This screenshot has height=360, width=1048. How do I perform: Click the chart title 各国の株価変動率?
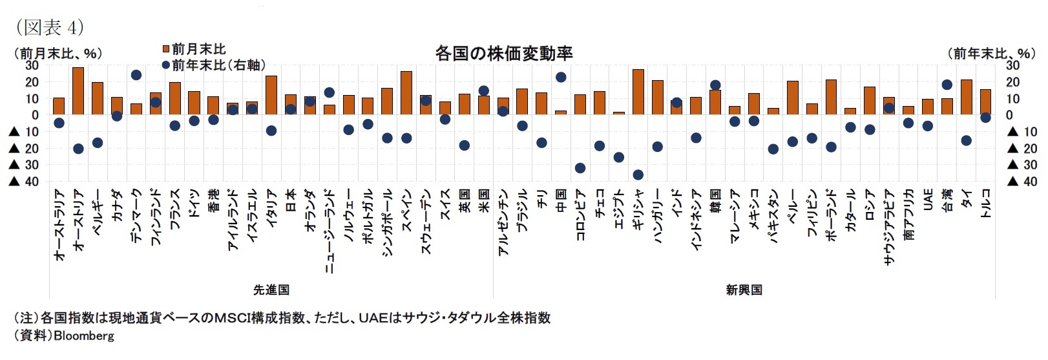(503, 53)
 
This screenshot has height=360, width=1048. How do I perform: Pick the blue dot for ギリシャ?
(638, 175)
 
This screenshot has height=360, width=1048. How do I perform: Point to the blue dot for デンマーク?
(136, 75)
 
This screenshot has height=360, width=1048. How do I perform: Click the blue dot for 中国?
(561, 77)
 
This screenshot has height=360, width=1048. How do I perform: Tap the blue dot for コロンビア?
(580, 168)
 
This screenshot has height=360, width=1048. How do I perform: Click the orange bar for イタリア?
(271, 95)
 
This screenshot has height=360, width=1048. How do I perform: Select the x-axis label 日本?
(291, 200)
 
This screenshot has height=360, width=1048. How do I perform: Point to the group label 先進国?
(271, 290)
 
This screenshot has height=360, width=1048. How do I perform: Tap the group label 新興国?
(744, 290)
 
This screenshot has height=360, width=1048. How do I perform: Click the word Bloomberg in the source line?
(83, 336)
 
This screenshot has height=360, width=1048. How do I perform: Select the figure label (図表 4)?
(49, 27)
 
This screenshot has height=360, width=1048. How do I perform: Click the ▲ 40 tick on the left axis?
(24, 182)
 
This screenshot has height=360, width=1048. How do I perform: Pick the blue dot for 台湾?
(947, 85)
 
